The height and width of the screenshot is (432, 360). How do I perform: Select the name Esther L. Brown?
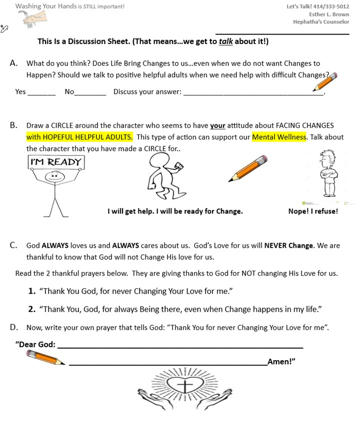coord(329,14)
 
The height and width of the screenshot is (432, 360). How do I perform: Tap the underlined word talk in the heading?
coord(226,41)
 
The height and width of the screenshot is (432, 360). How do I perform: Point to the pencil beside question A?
coord(325,81)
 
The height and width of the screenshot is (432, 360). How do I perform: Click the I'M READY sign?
coord(55,162)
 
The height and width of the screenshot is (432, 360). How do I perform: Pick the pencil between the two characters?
coord(248,168)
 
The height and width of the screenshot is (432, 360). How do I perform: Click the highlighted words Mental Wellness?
coord(279,137)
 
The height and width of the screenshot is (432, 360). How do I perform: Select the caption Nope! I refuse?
coord(313,211)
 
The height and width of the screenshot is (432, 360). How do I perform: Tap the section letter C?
coord(14,245)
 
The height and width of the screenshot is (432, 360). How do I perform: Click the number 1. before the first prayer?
coord(32,291)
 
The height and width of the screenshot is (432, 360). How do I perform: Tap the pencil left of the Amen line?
coord(45,358)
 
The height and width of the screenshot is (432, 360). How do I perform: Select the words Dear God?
coord(36,344)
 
